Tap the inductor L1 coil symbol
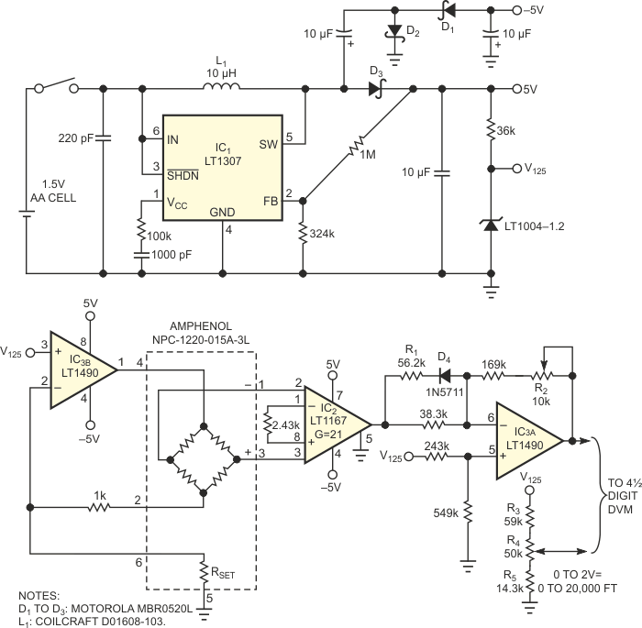click(222, 88)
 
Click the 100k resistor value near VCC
click(160, 238)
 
